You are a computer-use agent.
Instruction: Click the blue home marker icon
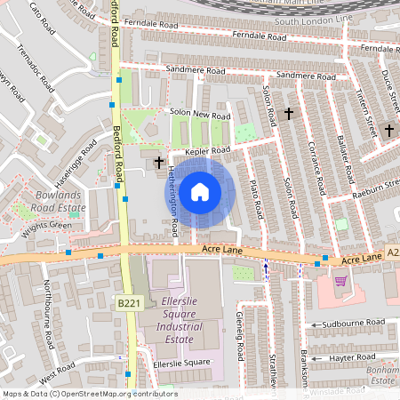click(200, 192)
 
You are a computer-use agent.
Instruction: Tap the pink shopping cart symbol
click(340, 281)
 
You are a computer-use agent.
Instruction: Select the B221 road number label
click(129, 304)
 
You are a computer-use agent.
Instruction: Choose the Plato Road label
click(256, 197)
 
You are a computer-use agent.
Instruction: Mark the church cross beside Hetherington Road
click(159, 162)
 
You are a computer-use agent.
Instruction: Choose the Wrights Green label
click(46, 226)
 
